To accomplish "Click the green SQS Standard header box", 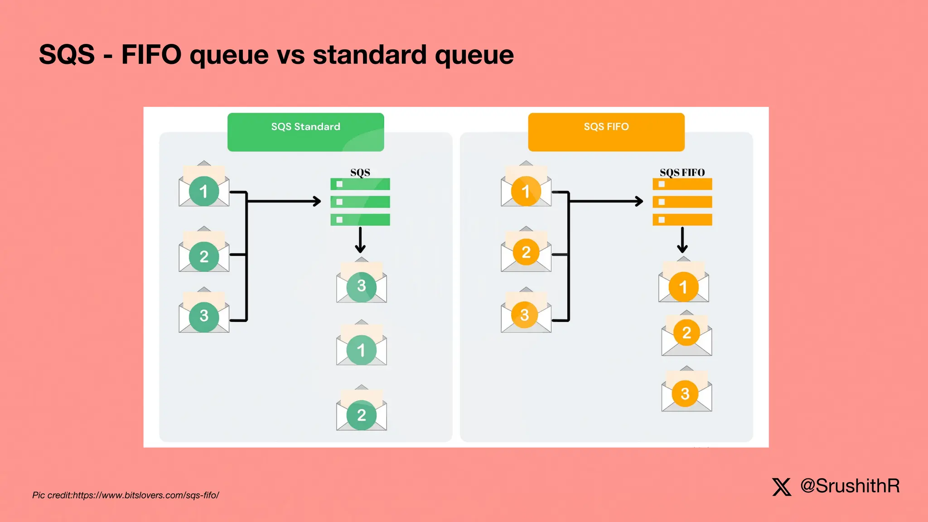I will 305,132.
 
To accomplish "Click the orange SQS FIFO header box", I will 606,132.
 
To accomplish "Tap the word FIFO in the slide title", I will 151,55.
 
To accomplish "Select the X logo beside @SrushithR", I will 782,487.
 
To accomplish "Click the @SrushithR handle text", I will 850,486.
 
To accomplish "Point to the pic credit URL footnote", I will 126,495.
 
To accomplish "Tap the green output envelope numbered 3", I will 361,283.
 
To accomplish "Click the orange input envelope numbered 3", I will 526,313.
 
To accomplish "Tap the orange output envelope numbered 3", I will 686,391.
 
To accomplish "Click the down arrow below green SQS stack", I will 360,241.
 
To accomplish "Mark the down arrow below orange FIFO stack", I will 682,241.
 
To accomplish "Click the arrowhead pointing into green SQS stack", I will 317,201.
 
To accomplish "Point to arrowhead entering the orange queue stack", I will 639,201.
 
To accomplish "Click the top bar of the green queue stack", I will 360,184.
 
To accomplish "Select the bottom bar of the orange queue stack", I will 682,220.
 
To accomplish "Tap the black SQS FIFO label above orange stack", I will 682,172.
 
